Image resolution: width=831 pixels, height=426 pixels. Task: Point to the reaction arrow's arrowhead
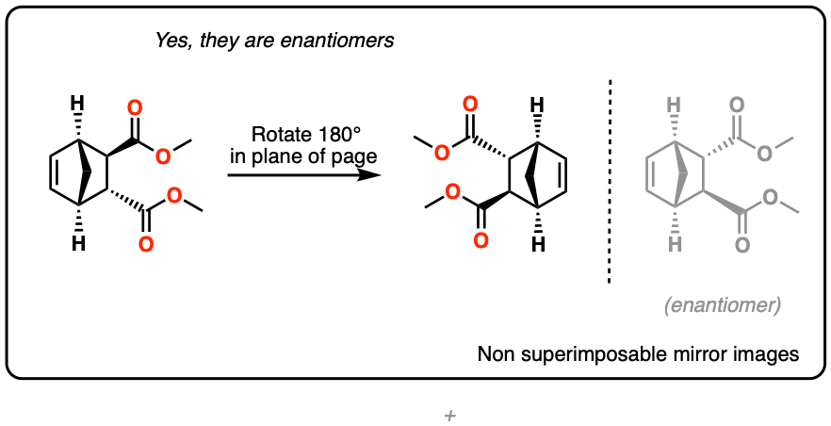[383, 174]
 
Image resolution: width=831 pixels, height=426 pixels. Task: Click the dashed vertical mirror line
[610, 179]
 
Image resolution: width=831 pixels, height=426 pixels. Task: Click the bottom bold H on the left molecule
[79, 244]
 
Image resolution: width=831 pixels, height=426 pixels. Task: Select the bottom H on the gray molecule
[675, 244]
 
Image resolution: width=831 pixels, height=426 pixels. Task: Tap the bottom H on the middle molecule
[537, 244]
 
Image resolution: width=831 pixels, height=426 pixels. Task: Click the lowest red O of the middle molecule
[481, 240]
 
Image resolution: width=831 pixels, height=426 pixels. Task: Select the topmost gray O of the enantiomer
[737, 104]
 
